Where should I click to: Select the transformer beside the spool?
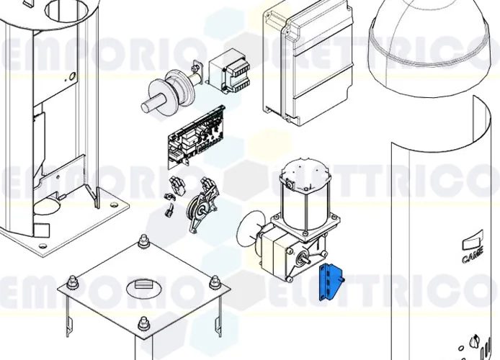[x=231, y=72]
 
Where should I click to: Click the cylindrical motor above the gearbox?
[x=303, y=190]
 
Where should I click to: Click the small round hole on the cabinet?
[x=72, y=77]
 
